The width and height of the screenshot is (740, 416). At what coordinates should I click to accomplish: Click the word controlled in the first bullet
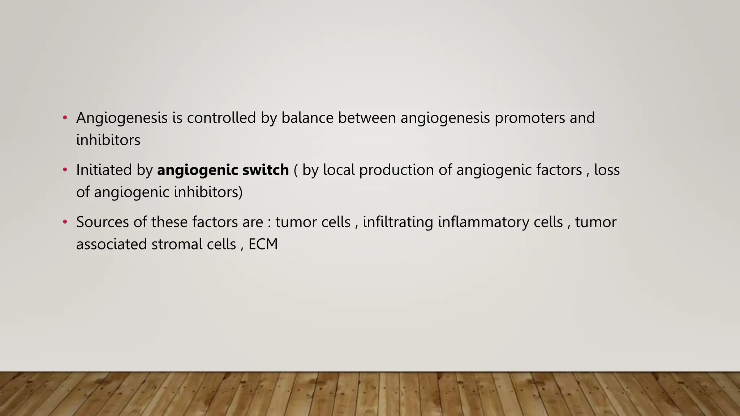(x=221, y=118)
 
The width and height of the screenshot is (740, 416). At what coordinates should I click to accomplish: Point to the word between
(x=367, y=118)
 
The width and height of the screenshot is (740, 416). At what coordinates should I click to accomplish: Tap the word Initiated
(x=104, y=170)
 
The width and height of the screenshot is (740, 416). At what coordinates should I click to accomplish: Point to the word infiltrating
(x=398, y=222)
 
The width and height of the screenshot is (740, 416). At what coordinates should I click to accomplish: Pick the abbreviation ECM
(x=263, y=244)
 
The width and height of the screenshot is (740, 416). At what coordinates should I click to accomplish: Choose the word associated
(x=111, y=244)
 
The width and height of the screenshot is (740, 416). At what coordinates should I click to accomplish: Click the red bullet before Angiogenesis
(x=65, y=118)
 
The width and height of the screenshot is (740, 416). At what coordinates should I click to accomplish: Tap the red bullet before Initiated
(x=65, y=170)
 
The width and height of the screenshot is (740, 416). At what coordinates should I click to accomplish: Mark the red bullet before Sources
(x=65, y=222)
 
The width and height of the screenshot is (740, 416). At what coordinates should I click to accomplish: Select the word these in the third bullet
(x=169, y=222)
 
